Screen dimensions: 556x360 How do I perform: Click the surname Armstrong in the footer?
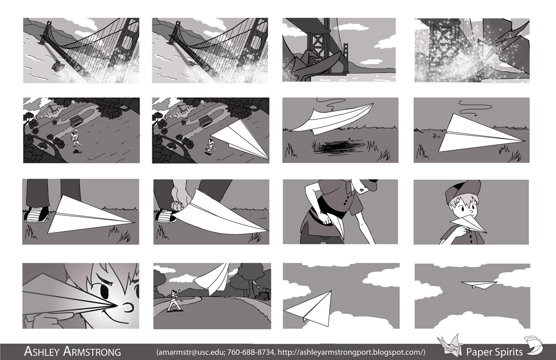tap(92, 352)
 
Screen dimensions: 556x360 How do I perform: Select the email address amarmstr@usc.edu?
tap(191, 352)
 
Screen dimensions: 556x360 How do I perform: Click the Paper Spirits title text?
tap(494, 352)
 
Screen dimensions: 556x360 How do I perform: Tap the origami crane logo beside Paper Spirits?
tap(450, 345)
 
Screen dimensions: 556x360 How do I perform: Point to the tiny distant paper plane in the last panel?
tap(479, 284)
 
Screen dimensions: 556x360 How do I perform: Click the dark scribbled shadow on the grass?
tap(339, 147)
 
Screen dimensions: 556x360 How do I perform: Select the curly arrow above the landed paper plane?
tap(472, 106)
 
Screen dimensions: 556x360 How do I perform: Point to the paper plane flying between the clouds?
tap(309, 307)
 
